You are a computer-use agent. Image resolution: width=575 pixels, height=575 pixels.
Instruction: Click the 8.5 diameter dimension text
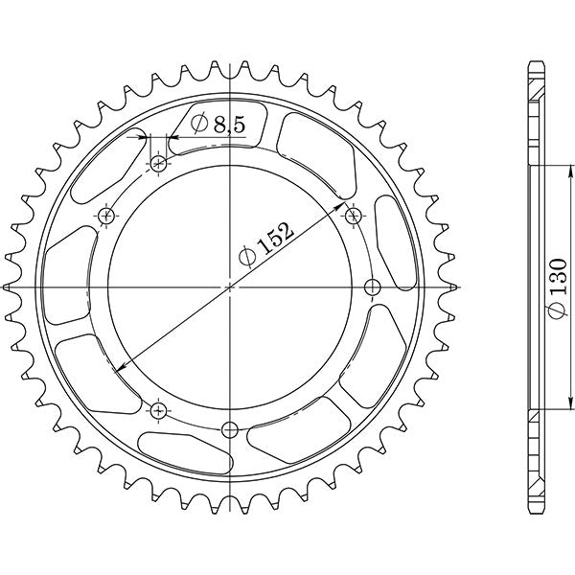pos(219,123)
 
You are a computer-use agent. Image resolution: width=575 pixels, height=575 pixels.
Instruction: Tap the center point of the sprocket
pos(229,287)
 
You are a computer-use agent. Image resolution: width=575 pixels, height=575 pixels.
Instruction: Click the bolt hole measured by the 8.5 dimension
pos(158,164)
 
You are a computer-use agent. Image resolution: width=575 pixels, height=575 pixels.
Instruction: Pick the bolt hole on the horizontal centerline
pos(373,287)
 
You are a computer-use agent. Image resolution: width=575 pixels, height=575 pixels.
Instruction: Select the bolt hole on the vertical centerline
pos(229,428)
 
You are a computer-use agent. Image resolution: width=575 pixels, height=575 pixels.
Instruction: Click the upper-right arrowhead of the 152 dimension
pos(342,205)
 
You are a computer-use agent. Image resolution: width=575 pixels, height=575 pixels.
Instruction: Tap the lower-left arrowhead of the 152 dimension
pos(117,368)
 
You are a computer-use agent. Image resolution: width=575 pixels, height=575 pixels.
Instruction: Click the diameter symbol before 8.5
pos(198,123)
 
